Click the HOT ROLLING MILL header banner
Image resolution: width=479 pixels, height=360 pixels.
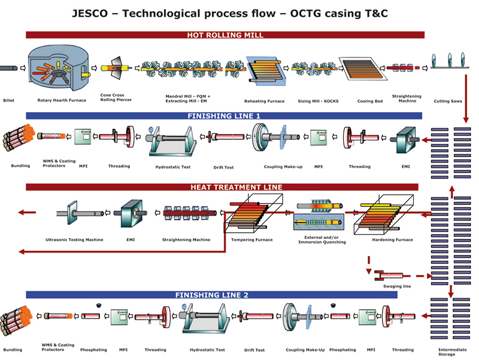(x=225, y=35)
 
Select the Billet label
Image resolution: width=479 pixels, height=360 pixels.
(x=8, y=101)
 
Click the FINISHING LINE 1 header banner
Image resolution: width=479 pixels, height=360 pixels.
(x=224, y=116)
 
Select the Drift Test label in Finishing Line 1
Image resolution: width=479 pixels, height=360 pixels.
(x=223, y=167)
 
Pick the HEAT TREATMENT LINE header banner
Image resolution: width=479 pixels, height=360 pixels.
(x=222, y=187)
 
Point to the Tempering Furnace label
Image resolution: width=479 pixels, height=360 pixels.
(x=252, y=240)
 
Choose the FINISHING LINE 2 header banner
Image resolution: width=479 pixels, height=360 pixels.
(x=211, y=295)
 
